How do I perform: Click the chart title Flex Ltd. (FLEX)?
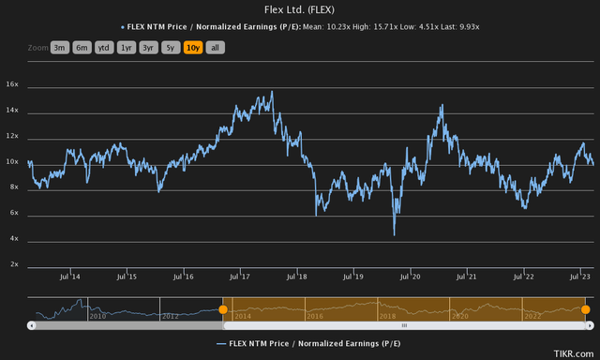[300, 9]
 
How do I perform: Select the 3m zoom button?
[61, 47]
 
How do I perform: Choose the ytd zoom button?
[104, 47]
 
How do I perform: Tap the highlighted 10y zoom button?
[194, 47]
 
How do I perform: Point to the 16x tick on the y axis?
[40, 84]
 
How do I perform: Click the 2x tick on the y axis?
[40, 264]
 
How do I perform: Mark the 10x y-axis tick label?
[40, 161]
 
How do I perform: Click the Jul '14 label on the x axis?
[69, 277]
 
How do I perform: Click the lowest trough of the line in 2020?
[395, 234]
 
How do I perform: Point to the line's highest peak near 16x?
[272, 92]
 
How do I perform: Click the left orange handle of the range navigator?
[223, 309]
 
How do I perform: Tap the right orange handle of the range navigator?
[585, 309]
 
